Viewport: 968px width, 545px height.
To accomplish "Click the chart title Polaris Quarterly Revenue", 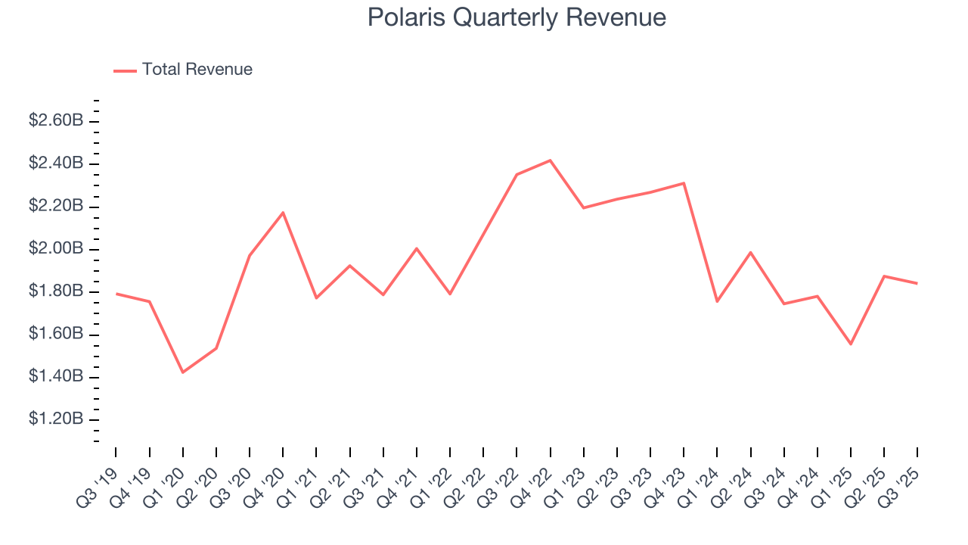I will [x=517, y=17].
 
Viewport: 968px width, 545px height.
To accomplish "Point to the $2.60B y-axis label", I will [x=56, y=121].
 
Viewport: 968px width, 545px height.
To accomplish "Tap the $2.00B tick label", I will [x=56, y=249].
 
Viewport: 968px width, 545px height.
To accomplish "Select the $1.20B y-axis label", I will [x=56, y=419].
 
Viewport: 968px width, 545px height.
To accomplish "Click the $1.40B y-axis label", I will [x=56, y=377].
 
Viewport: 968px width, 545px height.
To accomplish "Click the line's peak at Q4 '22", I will [x=551, y=160].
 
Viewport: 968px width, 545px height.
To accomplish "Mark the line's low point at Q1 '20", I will [x=183, y=372].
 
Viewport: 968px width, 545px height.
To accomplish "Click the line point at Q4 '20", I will [x=283, y=213].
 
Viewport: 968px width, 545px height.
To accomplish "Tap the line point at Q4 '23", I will [x=684, y=183].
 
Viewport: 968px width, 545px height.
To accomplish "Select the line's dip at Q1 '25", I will [x=851, y=344].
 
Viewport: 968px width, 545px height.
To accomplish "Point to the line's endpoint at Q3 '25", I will [x=917, y=283].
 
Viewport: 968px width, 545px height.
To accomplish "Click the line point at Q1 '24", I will [x=717, y=301].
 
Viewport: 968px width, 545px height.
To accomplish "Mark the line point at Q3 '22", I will [x=517, y=175].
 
